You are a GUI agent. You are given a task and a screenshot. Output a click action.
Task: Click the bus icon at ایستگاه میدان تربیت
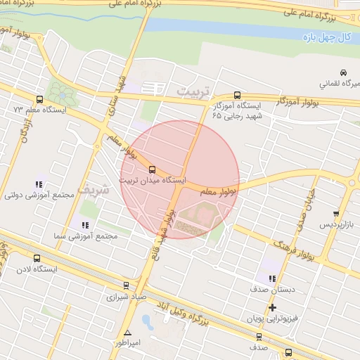pyautogui.click(x=153, y=169)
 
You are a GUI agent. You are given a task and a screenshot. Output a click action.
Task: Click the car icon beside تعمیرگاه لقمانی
pyautogui.click(x=342, y=72)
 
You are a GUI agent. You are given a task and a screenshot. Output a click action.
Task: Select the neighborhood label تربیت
pyautogui.click(x=193, y=92)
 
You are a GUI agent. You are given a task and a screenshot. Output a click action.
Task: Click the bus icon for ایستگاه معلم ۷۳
pyautogui.click(x=39, y=99)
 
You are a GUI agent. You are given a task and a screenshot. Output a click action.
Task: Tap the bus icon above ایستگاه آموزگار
pyautogui.click(x=236, y=95)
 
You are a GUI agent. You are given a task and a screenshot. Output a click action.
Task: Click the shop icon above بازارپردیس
pyautogui.click(x=336, y=214)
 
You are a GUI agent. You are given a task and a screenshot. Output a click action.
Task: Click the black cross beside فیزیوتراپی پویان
pyautogui.click(x=272, y=308)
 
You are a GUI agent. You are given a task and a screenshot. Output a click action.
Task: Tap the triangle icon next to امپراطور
pyautogui.click(x=127, y=333)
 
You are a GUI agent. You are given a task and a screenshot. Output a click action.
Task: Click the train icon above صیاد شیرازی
pyautogui.click(x=125, y=285)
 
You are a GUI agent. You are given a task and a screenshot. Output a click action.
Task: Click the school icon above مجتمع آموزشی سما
pyautogui.click(x=85, y=225)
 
